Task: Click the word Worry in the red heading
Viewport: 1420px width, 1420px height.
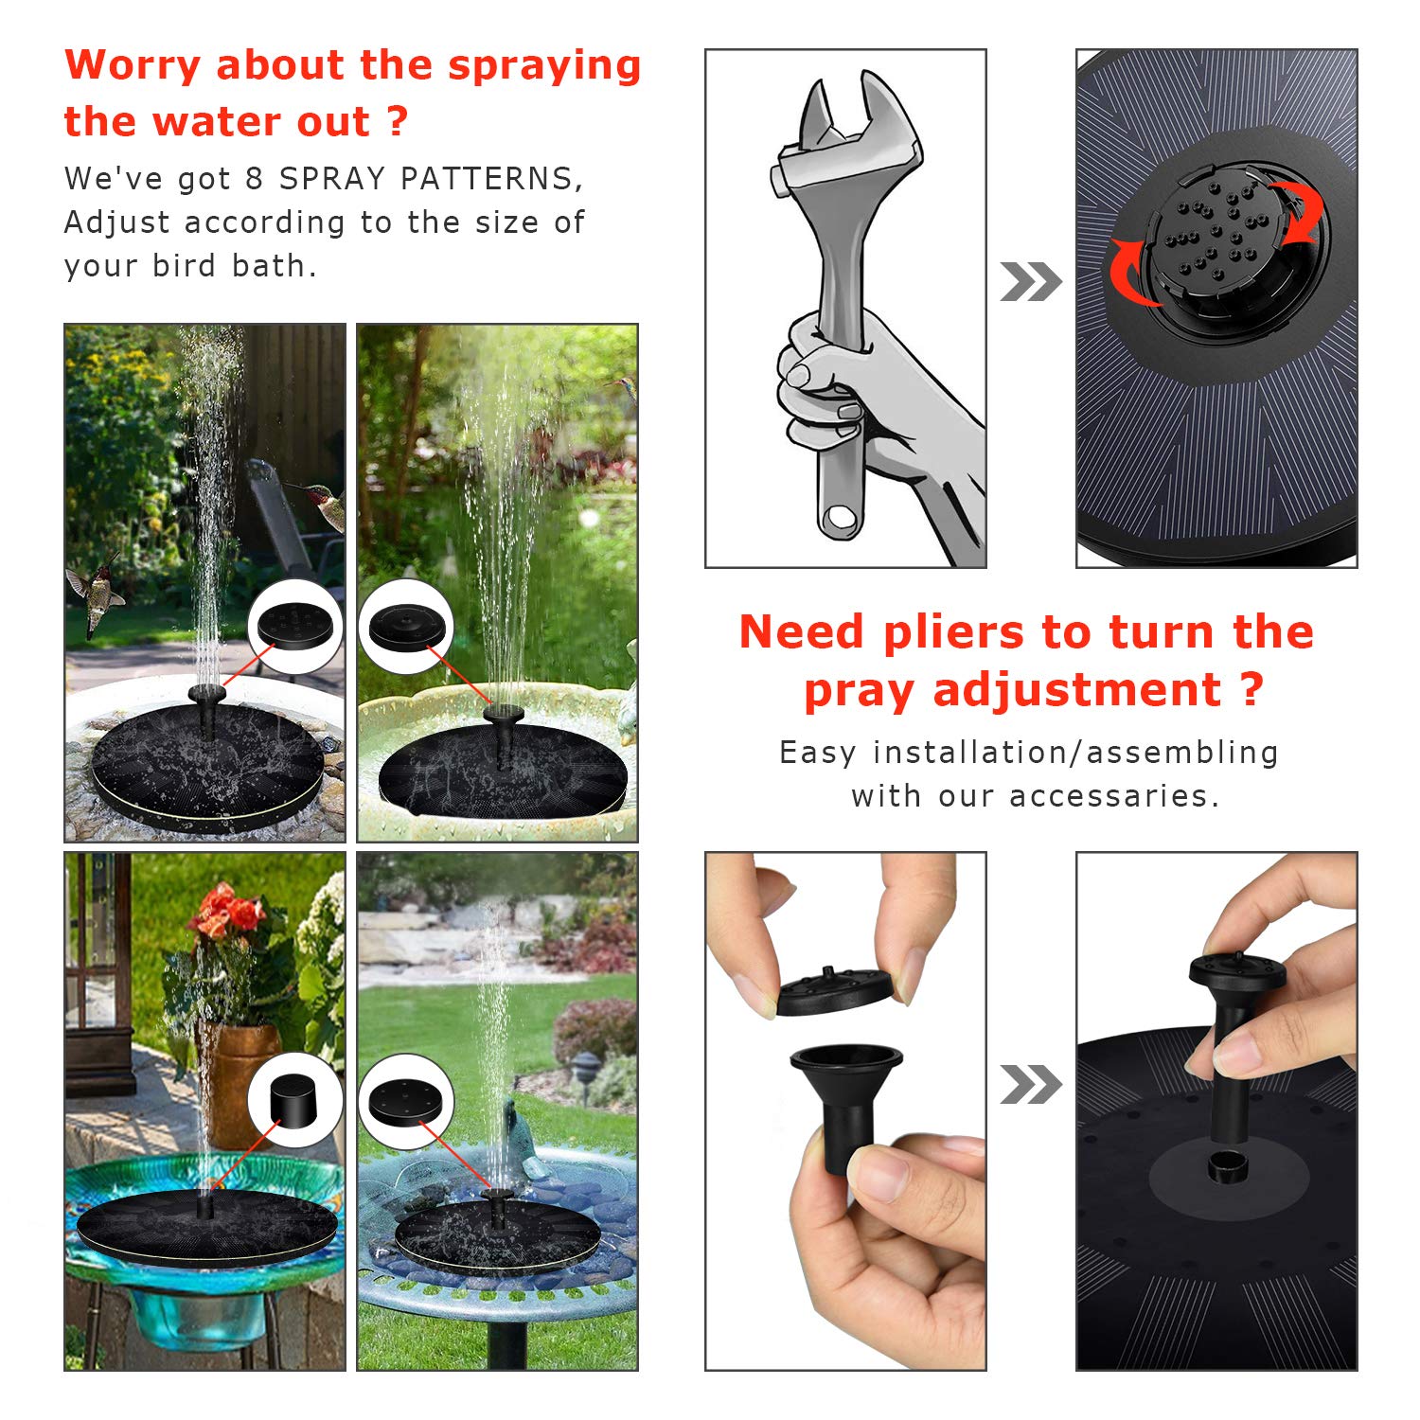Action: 133,66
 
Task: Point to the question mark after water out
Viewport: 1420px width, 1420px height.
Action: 398,122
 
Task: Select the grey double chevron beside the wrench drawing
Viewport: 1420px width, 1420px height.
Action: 1030,282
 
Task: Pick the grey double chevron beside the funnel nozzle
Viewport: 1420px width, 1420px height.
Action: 1030,1085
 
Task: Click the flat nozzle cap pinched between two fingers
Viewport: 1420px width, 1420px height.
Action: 835,990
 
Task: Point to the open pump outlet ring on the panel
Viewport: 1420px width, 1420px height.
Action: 1229,1168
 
